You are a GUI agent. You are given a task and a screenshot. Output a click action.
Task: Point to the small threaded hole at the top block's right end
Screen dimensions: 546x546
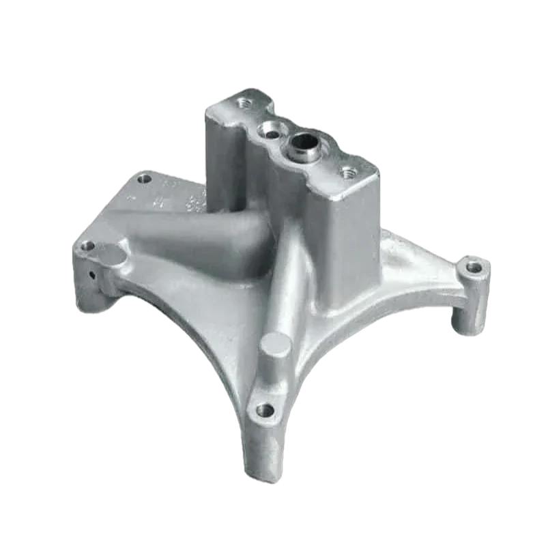[x=350, y=173]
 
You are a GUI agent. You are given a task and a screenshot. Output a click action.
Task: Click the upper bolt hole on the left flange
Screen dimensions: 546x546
[x=144, y=179]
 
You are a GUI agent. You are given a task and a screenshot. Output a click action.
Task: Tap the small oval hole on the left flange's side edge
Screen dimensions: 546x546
[x=91, y=277]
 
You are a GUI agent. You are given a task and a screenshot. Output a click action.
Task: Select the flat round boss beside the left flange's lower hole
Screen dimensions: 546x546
[x=109, y=257]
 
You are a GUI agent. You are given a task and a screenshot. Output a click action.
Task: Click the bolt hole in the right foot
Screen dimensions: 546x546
[x=471, y=266]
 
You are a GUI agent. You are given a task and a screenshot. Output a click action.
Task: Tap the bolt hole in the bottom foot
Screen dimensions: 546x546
[x=265, y=411]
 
